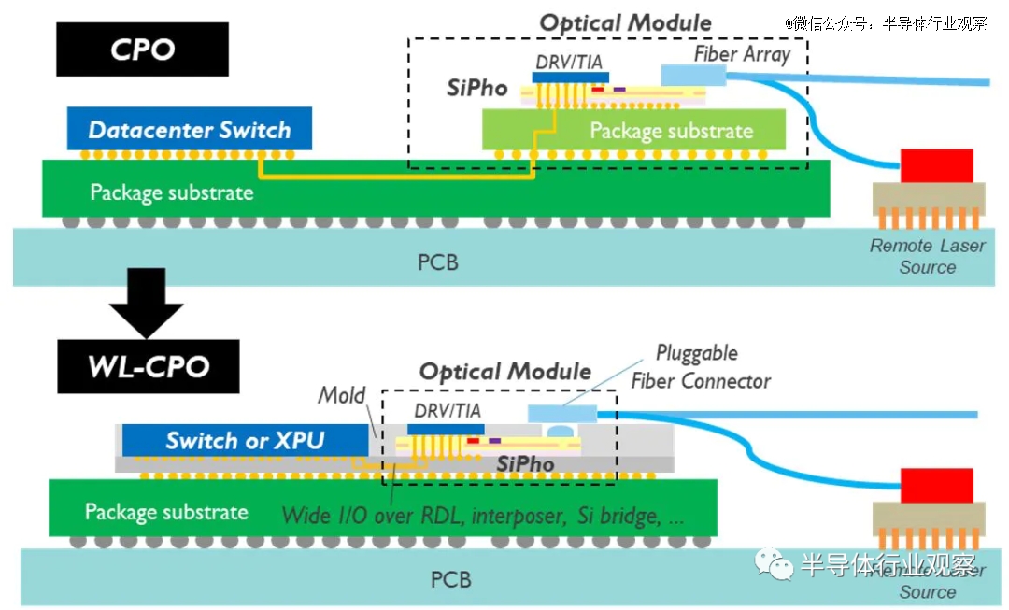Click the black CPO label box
142,49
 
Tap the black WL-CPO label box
148,365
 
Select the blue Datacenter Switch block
189,130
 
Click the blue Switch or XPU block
245,440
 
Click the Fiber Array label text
742,53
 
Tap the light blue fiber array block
692,75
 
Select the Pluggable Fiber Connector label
700,367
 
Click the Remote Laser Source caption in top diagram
927,257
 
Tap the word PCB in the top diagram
437,262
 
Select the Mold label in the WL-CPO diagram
342,395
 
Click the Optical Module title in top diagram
625,23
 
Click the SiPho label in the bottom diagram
525,463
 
